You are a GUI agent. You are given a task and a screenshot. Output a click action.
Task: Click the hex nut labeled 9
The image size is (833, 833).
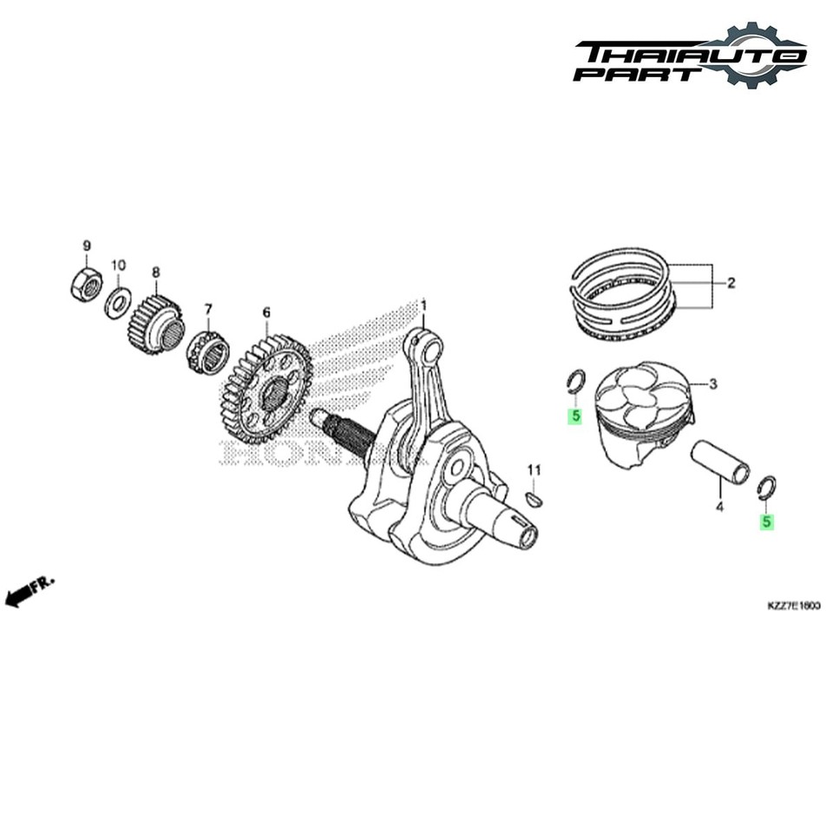[x=85, y=285]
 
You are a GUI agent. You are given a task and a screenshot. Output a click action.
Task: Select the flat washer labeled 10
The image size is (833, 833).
[x=118, y=303]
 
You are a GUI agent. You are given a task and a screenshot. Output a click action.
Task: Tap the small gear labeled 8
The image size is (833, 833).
[x=157, y=324]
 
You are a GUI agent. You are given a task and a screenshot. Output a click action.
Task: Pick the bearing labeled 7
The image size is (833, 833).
[x=208, y=351]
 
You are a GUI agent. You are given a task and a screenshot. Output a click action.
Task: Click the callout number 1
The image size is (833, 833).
[x=424, y=305]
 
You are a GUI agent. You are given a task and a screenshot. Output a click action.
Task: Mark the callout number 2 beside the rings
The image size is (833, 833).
[x=731, y=282]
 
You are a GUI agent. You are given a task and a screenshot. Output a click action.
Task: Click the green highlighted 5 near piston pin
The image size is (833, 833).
[x=766, y=522]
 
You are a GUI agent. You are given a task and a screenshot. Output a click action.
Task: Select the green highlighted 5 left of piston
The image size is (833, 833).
[x=574, y=416]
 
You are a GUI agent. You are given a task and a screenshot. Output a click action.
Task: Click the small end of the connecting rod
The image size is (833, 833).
[x=428, y=350]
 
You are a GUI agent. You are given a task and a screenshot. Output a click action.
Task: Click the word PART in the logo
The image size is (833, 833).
[x=638, y=74]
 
